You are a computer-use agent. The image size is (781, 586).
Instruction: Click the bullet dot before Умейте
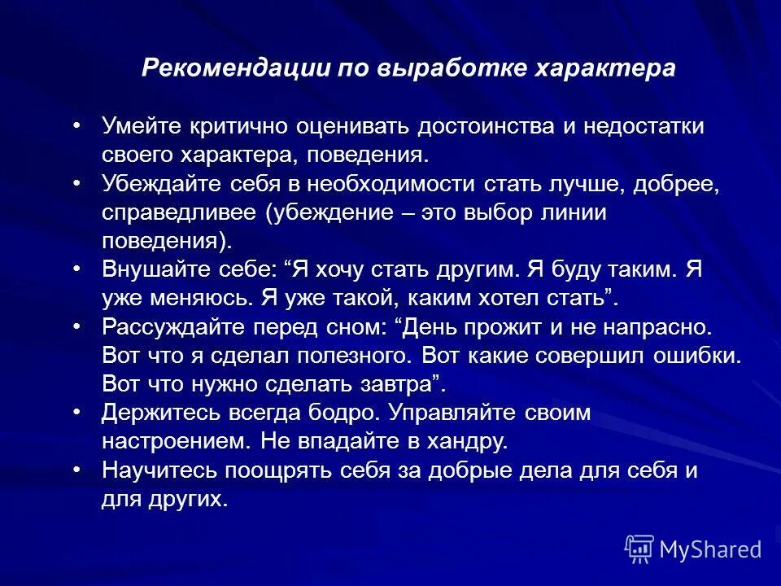click(x=76, y=125)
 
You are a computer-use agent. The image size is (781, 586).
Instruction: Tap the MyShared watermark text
click(x=710, y=549)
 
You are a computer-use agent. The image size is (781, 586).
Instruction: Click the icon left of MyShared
click(x=639, y=549)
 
